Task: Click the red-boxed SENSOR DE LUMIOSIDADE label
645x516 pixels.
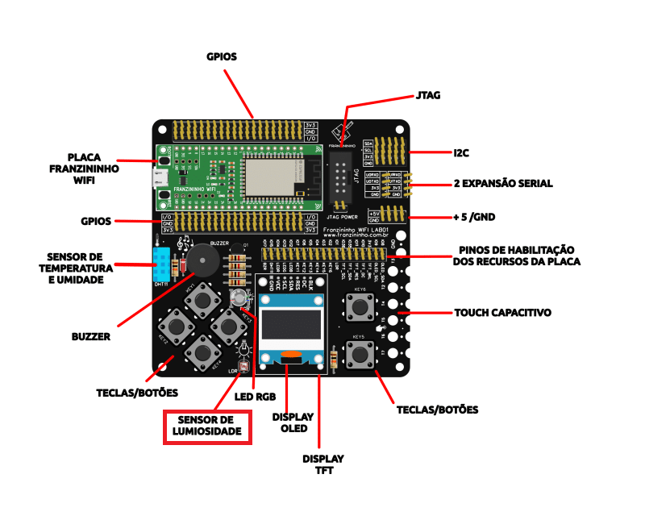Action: tap(209, 427)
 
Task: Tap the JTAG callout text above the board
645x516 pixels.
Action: tap(428, 95)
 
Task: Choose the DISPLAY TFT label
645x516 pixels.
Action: tap(322, 464)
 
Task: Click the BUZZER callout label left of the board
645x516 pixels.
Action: tap(91, 335)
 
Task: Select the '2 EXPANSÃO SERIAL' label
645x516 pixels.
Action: tap(503, 184)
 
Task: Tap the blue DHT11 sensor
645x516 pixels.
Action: tap(162, 265)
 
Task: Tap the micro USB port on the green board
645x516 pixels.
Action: tap(162, 177)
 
